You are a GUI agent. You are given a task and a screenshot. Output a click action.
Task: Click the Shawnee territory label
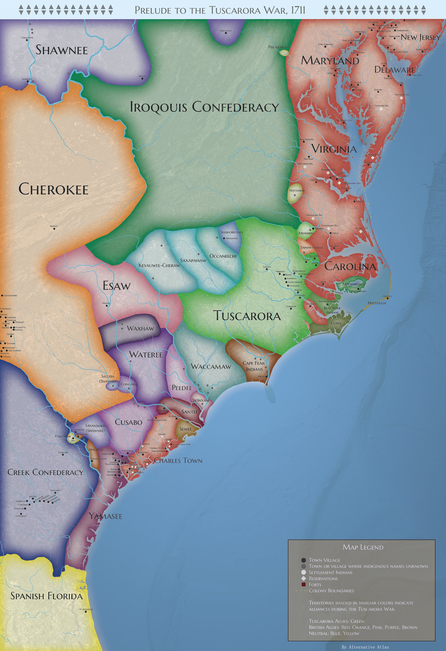[62, 50]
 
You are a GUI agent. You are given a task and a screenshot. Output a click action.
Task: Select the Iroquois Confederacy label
[204, 107]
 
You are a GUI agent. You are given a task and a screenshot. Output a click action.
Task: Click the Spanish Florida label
[46, 596]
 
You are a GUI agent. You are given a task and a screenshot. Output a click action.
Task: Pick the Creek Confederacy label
[45, 472]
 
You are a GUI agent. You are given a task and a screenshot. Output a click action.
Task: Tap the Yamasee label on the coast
[106, 516]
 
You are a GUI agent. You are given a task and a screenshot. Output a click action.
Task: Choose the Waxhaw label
[140, 328]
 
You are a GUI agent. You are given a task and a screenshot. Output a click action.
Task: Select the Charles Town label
[178, 460]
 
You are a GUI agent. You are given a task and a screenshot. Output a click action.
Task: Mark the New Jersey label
[420, 37]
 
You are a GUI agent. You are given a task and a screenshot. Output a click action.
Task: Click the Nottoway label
[297, 191]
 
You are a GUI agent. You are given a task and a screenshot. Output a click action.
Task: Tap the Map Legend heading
[363, 547]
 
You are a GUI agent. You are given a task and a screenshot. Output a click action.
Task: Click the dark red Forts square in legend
[303, 584]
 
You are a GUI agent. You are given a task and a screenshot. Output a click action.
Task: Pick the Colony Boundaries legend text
[331, 590]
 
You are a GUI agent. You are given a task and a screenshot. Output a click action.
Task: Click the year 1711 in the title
[298, 10]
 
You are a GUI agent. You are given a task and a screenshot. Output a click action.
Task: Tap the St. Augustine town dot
[86, 612]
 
